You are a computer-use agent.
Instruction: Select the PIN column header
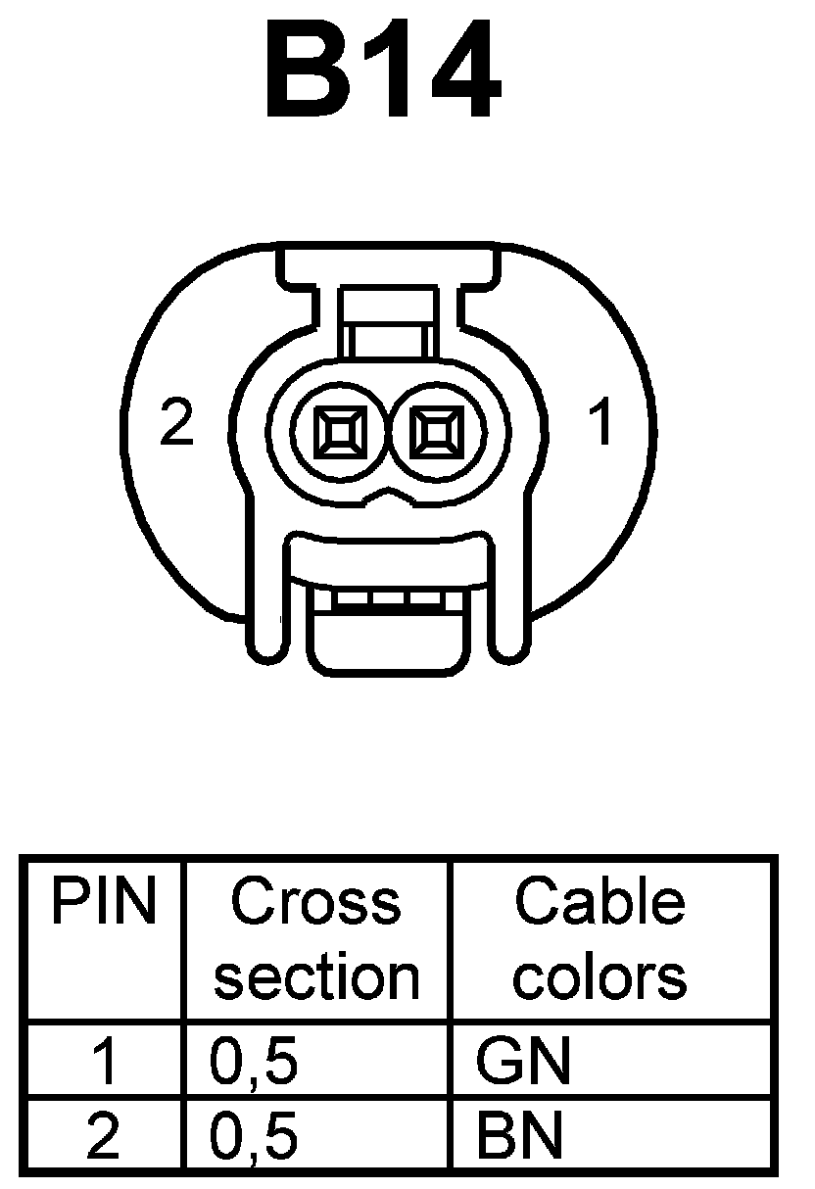pos(104,902)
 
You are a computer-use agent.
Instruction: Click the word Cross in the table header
pos(315,902)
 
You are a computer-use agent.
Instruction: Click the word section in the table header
pos(315,976)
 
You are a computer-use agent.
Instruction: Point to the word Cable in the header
pos(599,902)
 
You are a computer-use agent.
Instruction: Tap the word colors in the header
pos(599,976)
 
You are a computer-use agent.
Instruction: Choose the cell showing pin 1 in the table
pos(104,1061)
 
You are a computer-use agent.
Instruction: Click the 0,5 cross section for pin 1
pos(253,1061)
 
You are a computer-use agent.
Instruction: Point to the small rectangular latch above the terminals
pos(388,323)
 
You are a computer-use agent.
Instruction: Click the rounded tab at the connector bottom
pos(388,642)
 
